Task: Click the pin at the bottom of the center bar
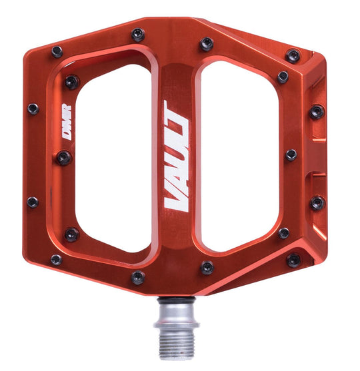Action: pos(138,277)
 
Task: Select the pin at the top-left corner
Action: pos(57,52)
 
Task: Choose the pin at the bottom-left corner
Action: pos(56,260)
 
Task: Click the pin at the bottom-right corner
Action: pos(293,260)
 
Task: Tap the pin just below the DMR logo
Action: pos(64,158)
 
